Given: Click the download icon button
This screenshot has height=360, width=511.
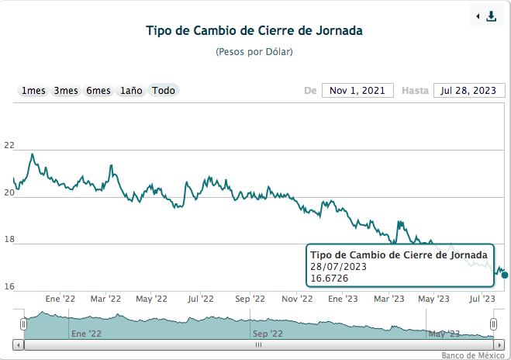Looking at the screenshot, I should [487, 16].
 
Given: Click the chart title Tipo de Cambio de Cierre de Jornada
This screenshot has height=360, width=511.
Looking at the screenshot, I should [254, 31].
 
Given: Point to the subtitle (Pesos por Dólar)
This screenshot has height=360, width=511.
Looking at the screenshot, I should [254, 51].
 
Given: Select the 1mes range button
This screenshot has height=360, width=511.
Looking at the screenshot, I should [33, 91].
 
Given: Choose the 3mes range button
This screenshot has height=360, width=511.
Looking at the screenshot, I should [66, 91].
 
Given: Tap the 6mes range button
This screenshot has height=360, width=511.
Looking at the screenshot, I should [98, 91].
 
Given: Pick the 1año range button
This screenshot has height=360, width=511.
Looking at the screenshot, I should [131, 91].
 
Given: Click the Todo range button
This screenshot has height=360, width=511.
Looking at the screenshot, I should [164, 91].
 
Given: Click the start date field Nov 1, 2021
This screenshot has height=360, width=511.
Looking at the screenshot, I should [357, 91].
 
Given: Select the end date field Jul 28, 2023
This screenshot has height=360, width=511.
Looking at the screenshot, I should [468, 91].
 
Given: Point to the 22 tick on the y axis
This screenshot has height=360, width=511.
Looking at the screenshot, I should [9, 146].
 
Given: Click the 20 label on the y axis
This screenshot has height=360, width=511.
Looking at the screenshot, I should [9, 193].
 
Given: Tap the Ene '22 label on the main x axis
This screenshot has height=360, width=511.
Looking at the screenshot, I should [60, 298].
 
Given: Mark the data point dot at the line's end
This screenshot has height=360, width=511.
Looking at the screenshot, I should [505, 275].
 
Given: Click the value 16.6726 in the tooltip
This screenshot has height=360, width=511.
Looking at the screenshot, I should [329, 279].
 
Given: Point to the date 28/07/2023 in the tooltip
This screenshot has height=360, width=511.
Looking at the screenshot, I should [338, 267].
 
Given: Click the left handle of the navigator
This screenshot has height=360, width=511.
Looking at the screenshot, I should [24, 324].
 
